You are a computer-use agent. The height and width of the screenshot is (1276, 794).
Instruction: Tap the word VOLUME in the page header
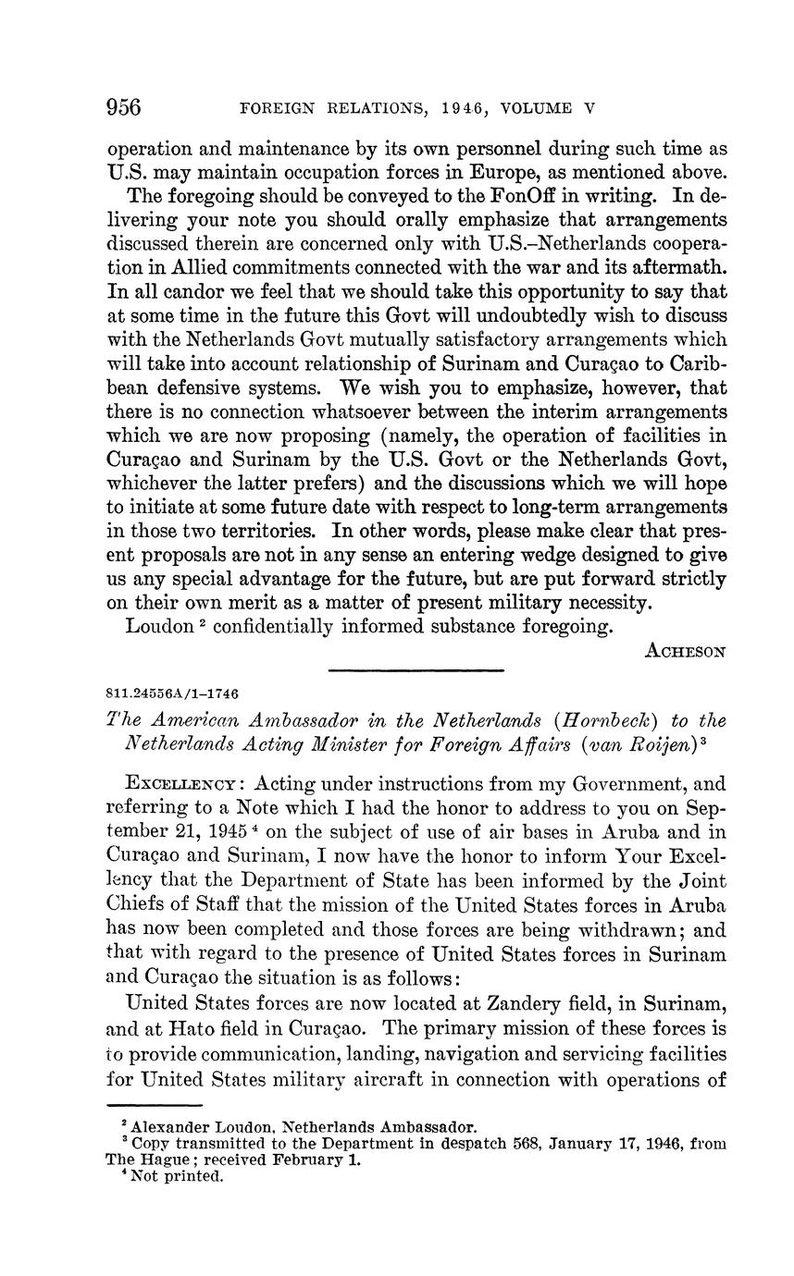538,108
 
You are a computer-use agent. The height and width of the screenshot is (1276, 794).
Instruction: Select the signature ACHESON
686,650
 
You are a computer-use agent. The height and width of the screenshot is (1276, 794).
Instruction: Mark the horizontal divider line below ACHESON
416,670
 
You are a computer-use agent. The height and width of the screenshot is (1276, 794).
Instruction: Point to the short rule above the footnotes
155,1106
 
